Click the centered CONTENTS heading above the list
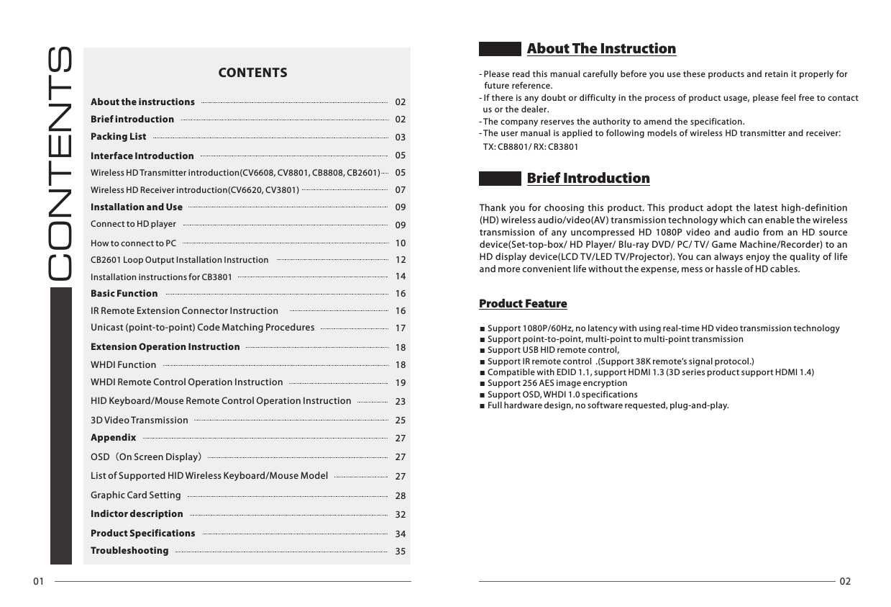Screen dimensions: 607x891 click(252, 73)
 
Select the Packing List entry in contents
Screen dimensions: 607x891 click(119, 137)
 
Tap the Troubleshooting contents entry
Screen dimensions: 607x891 click(129, 551)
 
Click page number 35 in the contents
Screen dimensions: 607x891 click(401, 552)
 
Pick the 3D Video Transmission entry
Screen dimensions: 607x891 click(140, 420)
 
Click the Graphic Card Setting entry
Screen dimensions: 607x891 click(136, 495)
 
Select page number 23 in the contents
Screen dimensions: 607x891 click(401, 402)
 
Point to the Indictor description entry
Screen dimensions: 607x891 click(137, 514)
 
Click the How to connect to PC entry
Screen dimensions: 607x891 click(133, 243)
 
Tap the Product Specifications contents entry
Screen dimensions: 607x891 click(142, 534)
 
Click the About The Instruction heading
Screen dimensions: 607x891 click(601, 49)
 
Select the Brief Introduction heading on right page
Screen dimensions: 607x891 click(588, 179)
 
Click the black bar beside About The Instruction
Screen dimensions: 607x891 click(500, 49)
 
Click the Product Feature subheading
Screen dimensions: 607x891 click(523, 304)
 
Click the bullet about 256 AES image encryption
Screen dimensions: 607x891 click(557, 383)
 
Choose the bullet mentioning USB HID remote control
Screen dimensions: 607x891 click(553, 350)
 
